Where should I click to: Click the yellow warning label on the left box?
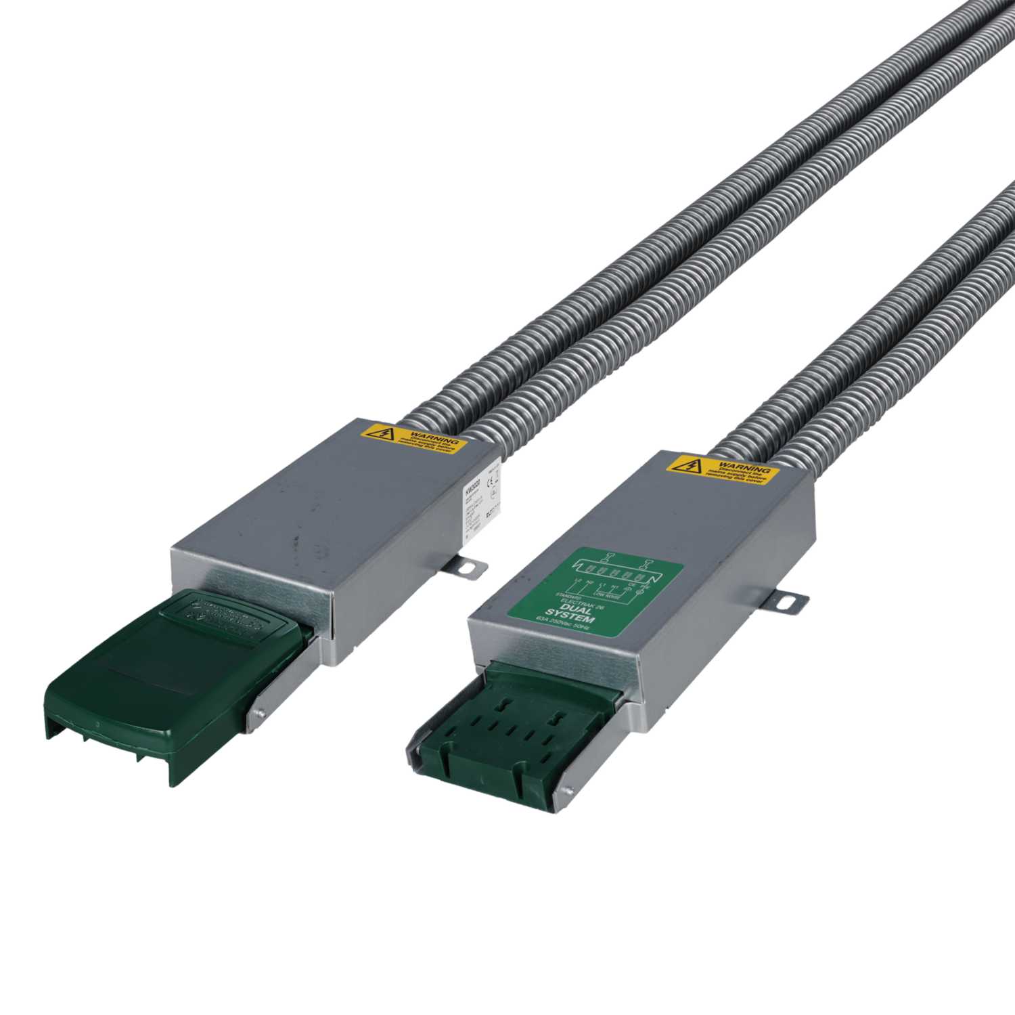pyautogui.click(x=413, y=439)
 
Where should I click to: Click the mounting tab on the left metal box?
pyautogui.click(x=470, y=567)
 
